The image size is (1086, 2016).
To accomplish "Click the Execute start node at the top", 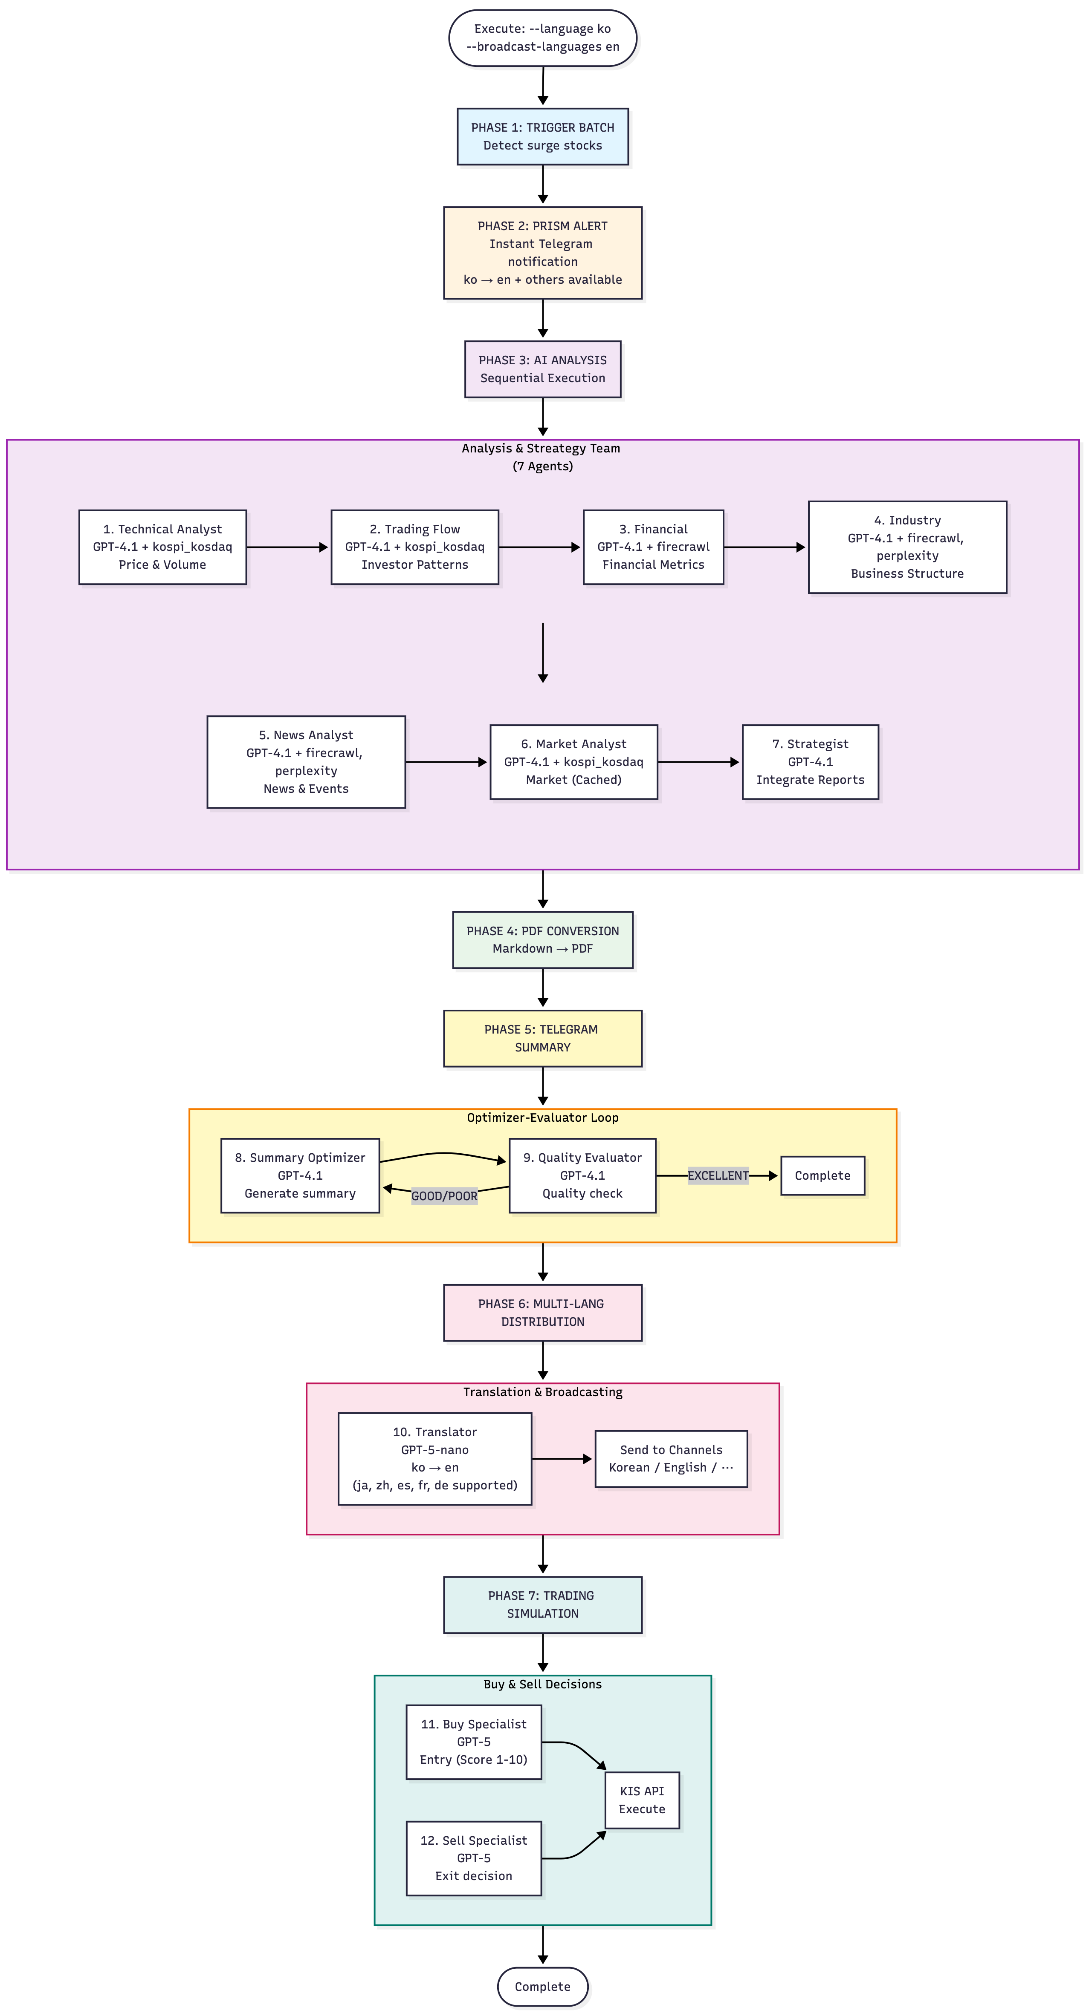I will (543, 37).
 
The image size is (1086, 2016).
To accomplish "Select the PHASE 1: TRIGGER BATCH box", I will (543, 136).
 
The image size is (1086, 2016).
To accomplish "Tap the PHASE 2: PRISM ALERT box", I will (543, 253).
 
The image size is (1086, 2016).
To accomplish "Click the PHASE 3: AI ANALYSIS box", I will (543, 369).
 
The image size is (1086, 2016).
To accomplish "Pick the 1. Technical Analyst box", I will (163, 547).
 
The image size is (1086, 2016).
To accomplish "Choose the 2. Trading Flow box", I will (415, 547).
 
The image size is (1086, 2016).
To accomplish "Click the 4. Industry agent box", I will (907, 547).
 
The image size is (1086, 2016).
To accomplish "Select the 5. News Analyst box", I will (306, 761).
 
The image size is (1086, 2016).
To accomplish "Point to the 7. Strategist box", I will (811, 761).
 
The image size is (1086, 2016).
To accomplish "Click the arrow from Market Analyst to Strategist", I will (698, 761).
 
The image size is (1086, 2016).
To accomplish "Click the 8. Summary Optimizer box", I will (300, 1175).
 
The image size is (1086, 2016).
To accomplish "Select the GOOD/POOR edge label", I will (444, 1196).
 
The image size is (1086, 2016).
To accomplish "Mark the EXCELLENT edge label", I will (718, 1175).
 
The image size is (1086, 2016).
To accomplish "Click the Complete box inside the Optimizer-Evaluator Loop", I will (822, 1175).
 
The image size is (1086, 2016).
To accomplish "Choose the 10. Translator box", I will (434, 1459).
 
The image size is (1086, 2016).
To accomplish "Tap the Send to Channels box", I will (671, 1459).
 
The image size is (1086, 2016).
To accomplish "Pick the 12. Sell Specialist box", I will (474, 1858).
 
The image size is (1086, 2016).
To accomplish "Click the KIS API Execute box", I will (642, 1800).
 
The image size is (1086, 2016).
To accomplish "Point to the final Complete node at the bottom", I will (543, 1986).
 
